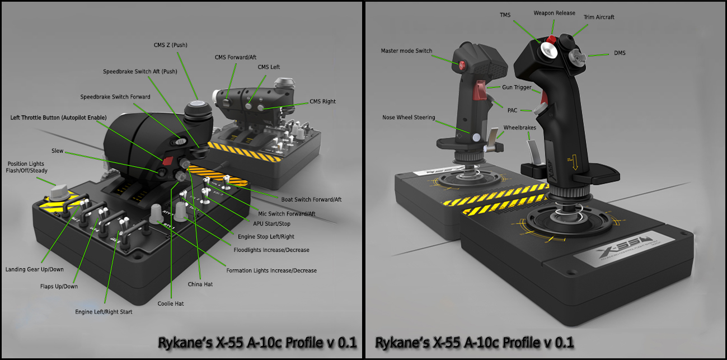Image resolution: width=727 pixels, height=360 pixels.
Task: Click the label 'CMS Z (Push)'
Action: click(x=171, y=45)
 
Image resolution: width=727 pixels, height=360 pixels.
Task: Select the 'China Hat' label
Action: click(x=200, y=284)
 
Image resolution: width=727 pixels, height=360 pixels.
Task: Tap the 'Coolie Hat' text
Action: click(x=171, y=303)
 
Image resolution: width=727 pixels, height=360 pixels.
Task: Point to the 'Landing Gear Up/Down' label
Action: click(x=35, y=269)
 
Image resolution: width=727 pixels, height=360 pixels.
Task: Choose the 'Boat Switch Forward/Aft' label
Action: click(x=311, y=199)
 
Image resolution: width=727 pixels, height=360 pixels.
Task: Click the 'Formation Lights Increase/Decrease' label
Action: click(x=271, y=270)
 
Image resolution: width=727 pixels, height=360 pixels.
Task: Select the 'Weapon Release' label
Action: click(x=554, y=13)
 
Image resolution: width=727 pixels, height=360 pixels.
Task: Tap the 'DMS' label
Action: click(x=620, y=53)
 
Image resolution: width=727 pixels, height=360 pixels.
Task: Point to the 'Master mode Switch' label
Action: click(x=406, y=51)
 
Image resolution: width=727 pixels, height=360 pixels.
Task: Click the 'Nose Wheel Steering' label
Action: click(x=409, y=118)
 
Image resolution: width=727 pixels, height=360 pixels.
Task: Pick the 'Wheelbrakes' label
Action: click(x=519, y=128)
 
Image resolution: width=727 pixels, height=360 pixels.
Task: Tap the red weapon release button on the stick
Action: click(x=551, y=39)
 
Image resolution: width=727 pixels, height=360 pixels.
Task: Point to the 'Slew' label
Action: click(x=58, y=151)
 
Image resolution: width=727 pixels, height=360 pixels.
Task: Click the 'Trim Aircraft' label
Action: click(x=599, y=17)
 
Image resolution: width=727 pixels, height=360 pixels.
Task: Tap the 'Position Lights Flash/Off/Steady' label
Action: click(x=26, y=167)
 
